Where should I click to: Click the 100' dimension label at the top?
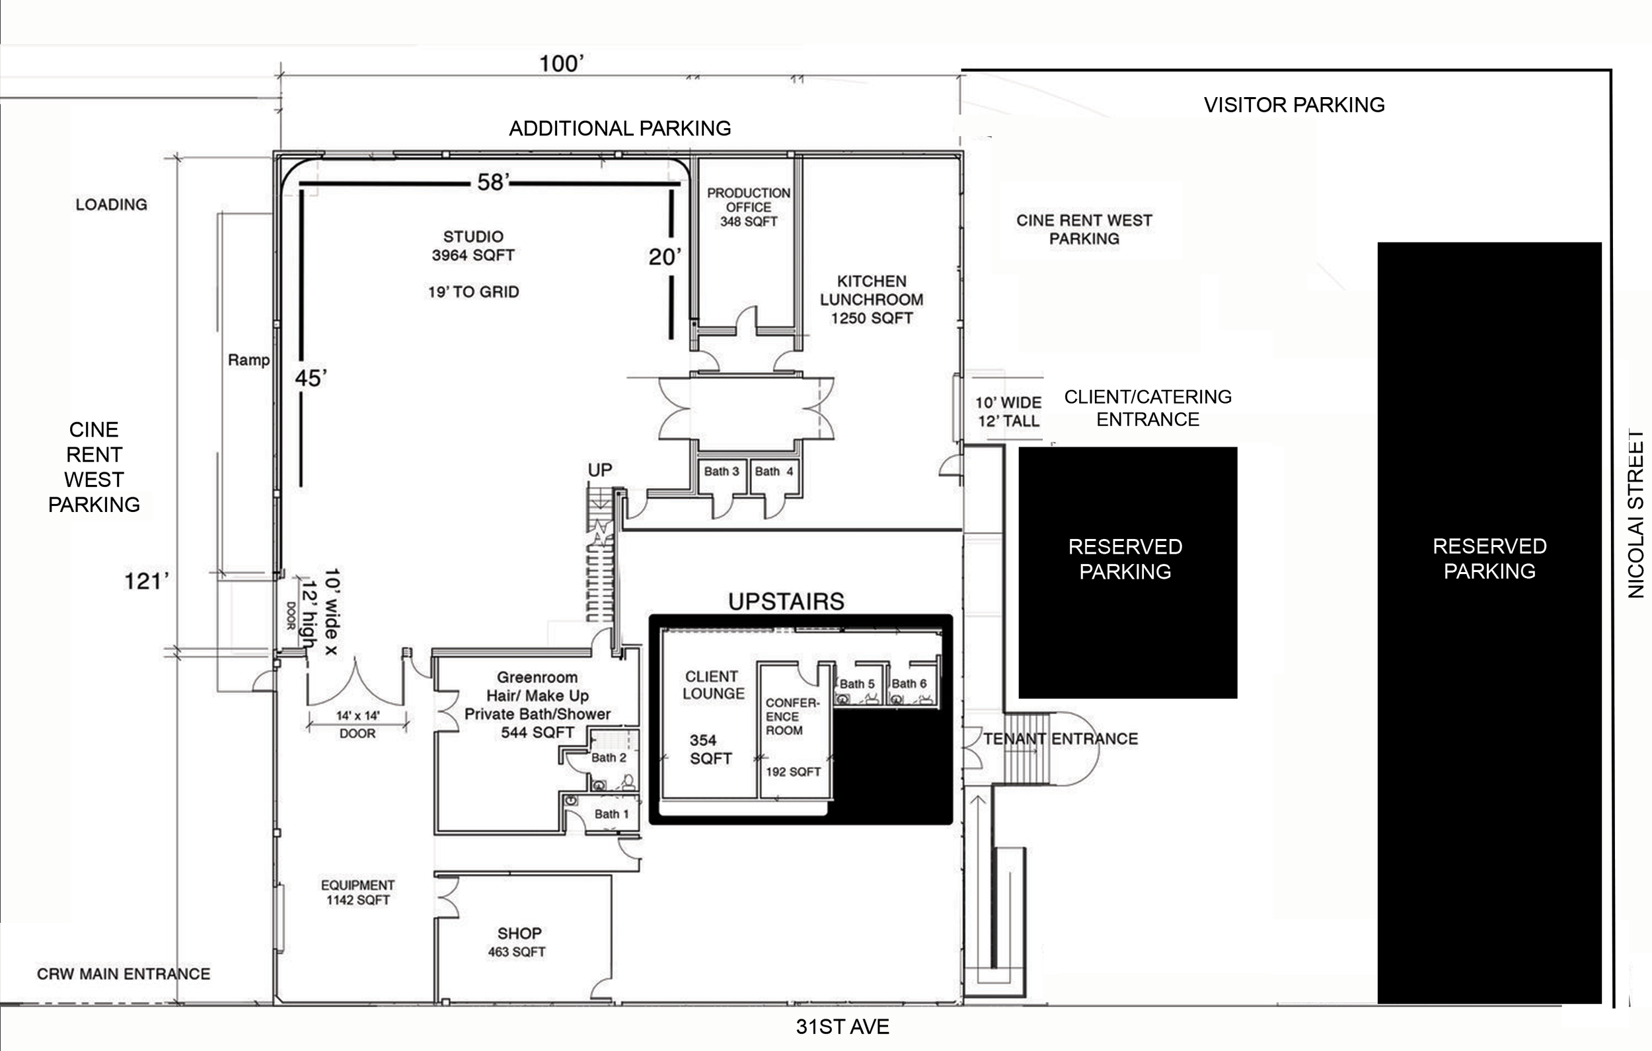pyautogui.click(x=560, y=64)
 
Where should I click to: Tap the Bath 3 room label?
pyautogui.click(x=721, y=471)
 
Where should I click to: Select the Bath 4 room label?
pyautogui.click(x=774, y=471)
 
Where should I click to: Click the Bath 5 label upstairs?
pyautogui.click(x=857, y=684)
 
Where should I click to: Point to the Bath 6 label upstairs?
pyautogui.click(x=909, y=683)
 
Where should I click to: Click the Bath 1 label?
pyautogui.click(x=611, y=814)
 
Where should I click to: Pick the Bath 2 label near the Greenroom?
pyautogui.click(x=609, y=758)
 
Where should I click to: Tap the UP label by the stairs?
pyautogui.click(x=599, y=470)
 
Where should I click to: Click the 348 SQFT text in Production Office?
pyautogui.click(x=749, y=221)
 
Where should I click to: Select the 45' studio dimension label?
pyautogui.click(x=311, y=378)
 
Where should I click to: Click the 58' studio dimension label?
pyautogui.click(x=493, y=182)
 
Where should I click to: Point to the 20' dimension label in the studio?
pyautogui.click(x=665, y=257)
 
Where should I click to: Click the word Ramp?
pyautogui.click(x=248, y=360)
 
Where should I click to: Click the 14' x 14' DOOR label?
pyautogui.click(x=357, y=724)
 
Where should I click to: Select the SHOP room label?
pyautogui.click(x=519, y=933)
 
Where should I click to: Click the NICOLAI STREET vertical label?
pyautogui.click(x=1636, y=514)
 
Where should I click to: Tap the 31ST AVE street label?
pyautogui.click(x=843, y=1027)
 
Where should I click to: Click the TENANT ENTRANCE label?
pyautogui.click(x=1061, y=739)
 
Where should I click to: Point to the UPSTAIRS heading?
pyautogui.click(x=786, y=602)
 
